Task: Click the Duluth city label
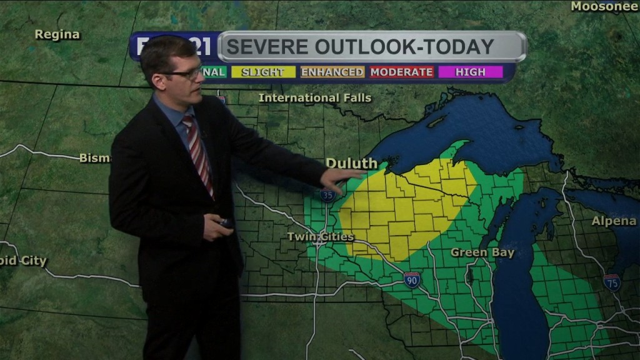point(351,164)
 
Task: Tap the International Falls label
point(315,98)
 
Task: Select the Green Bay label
point(482,253)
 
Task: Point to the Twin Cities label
point(321,237)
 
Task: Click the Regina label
point(57,35)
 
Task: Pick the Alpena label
point(614,221)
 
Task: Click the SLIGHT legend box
point(262,72)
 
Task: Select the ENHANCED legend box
point(332,72)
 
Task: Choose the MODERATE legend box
point(401,72)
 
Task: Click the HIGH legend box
point(470,72)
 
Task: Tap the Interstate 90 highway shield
point(411,280)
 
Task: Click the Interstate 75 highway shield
point(612,282)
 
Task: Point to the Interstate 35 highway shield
point(327,196)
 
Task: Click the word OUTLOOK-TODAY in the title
point(404,47)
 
